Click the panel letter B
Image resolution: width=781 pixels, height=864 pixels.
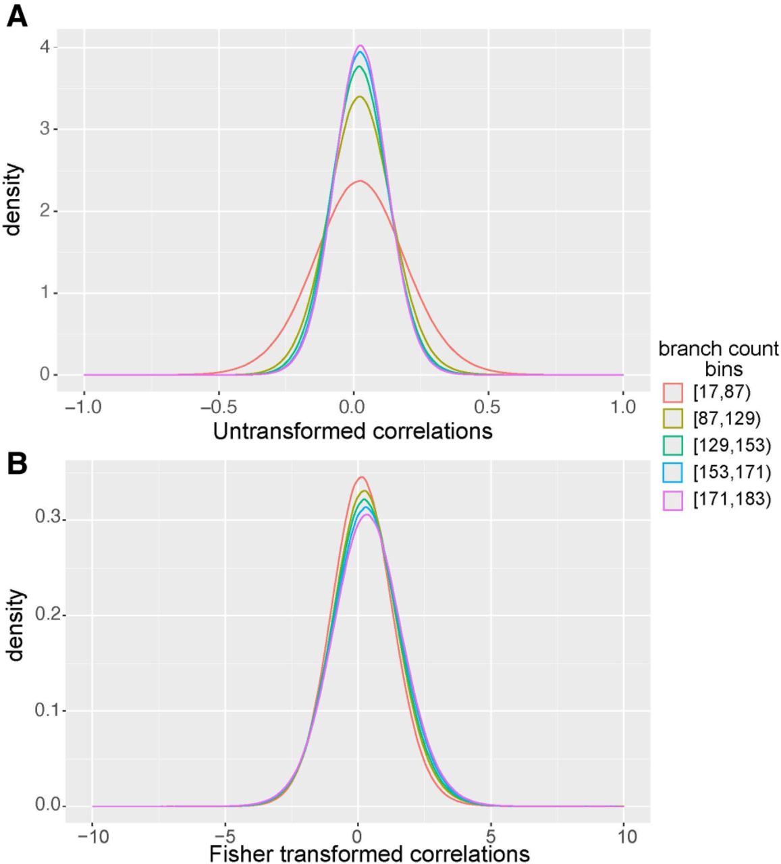[17, 464]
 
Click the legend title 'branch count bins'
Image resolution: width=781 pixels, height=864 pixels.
[718, 359]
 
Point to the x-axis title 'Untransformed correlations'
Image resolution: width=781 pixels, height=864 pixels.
[353, 431]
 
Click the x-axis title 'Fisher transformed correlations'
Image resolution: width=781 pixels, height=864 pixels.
[369, 853]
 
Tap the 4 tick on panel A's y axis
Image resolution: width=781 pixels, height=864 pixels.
[45, 47]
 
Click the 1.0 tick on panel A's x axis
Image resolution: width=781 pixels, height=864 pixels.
[622, 407]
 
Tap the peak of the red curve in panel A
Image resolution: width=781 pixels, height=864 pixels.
[359, 181]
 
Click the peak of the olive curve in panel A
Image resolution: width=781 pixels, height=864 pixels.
[359, 97]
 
